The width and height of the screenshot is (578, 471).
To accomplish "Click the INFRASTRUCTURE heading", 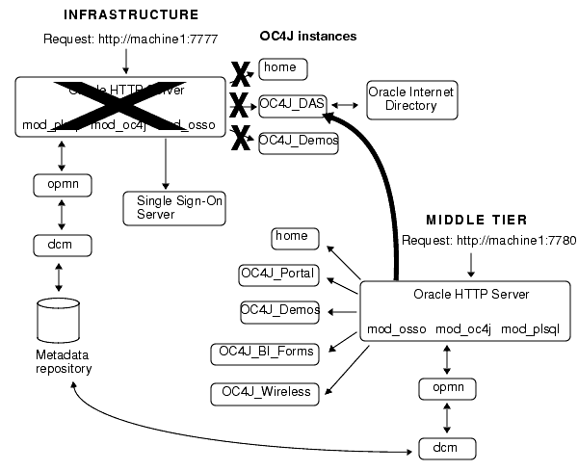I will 131,15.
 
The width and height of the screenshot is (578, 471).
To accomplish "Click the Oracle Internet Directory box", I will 411,99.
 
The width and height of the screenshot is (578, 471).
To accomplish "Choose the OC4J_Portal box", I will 283,274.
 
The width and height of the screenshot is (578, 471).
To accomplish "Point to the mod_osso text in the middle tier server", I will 396,330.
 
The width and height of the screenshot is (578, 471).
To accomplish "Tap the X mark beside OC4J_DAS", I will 239,104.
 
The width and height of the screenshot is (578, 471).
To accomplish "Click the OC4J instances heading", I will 308,37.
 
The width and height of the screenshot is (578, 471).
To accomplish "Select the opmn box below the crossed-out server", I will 60,183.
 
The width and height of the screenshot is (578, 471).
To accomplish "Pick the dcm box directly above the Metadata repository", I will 60,244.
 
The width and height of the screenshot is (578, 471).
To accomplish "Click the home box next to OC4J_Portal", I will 292,236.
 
